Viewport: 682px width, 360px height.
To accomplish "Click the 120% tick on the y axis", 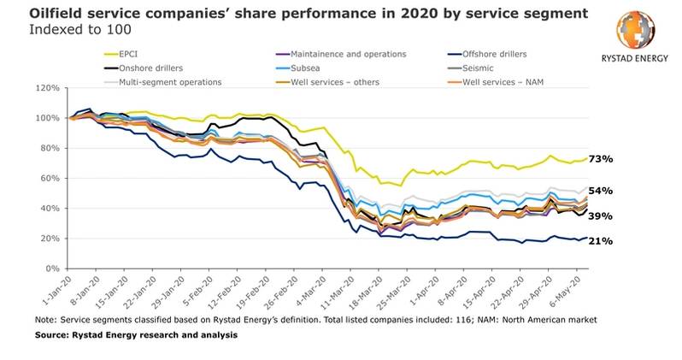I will click(47, 88).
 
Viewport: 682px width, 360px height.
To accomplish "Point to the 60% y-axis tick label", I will click(50, 178).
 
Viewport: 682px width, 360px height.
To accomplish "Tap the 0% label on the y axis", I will click(52, 269).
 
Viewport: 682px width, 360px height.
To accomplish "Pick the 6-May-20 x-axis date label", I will click(571, 291).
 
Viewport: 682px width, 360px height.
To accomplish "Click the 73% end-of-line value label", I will click(602, 159).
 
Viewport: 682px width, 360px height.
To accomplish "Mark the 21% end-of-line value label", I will click(602, 241).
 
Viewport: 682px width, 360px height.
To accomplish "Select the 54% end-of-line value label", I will click(602, 191).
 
